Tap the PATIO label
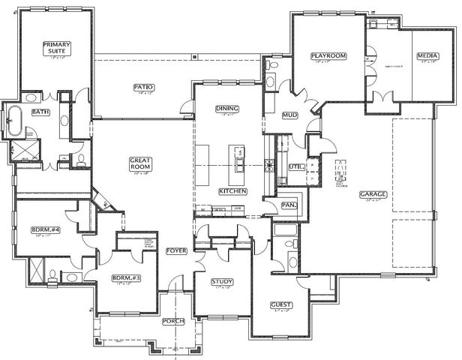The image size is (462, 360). [143, 87]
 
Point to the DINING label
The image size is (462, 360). [227, 109]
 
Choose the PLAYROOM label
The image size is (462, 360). [327, 55]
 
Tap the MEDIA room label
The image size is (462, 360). [427, 55]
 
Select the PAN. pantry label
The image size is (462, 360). [289, 204]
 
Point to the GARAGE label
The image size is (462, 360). [372, 193]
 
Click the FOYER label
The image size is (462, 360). [176, 251]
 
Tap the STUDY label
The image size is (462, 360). [222, 281]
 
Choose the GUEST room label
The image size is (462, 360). [281, 305]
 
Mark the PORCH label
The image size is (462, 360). [174, 321]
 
